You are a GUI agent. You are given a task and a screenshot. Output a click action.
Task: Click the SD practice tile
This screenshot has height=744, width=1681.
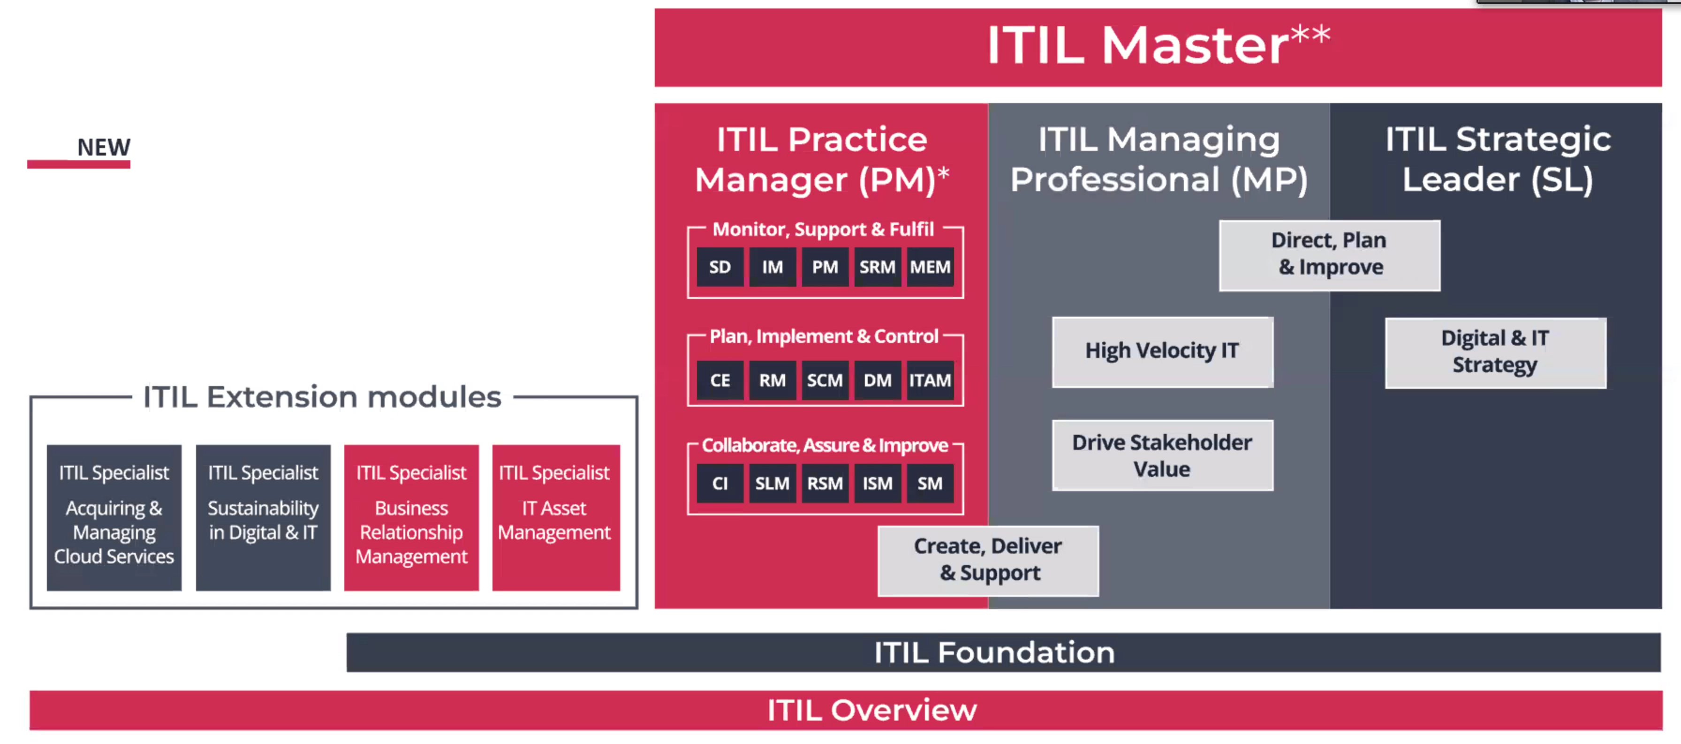720,267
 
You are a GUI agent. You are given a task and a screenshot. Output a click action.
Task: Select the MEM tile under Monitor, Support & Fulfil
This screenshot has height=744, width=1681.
930,267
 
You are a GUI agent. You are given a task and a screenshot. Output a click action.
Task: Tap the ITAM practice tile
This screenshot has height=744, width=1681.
930,380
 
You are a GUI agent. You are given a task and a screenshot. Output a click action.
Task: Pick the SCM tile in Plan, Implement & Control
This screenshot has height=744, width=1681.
825,380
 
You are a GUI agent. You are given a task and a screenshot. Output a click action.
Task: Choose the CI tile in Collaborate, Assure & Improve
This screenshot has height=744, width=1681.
720,483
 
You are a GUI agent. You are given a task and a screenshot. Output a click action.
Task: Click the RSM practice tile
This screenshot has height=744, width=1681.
825,483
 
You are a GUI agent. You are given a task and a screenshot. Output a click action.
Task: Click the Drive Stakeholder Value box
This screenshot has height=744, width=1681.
1162,455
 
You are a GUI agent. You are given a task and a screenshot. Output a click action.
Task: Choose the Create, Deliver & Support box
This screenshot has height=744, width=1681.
988,561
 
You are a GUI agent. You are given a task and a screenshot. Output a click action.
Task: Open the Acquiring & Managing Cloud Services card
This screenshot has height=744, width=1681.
114,518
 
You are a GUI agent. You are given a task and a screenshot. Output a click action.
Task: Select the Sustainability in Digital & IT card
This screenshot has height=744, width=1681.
263,518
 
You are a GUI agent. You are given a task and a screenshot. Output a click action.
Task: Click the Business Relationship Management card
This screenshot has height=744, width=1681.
411,518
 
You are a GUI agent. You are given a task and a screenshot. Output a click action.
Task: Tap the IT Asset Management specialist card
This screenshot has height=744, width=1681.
556,518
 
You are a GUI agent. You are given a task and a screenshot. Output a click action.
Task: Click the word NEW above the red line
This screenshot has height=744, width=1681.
104,148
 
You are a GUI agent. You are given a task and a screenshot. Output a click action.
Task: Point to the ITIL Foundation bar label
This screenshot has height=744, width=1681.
994,652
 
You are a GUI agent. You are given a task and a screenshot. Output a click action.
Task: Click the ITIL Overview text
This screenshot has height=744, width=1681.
872,710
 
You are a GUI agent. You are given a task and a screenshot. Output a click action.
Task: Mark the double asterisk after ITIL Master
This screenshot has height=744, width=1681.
1311,34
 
